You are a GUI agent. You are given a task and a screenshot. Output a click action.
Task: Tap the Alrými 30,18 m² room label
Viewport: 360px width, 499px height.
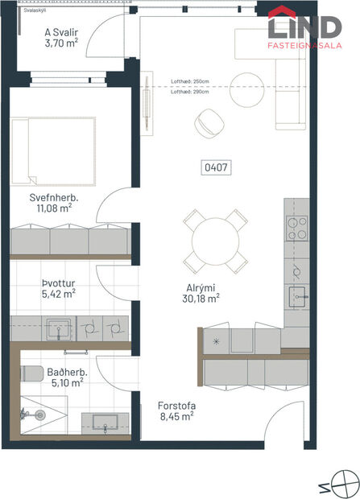[x=201, y=291]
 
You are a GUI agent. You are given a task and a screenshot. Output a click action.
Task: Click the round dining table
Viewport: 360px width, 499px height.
[x=214, y=240]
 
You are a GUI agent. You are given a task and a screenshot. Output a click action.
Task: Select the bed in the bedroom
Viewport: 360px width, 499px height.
[x=55, y=148]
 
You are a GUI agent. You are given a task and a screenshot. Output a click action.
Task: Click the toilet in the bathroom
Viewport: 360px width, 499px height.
[x=32, y=375]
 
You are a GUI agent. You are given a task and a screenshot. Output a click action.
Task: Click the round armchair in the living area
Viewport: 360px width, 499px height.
[x=211, y=122]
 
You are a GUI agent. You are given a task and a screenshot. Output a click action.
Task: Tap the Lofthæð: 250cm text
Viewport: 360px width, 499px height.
[x=189, y=81]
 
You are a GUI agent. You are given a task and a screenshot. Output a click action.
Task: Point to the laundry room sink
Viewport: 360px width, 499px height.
[x=57, y=328]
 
